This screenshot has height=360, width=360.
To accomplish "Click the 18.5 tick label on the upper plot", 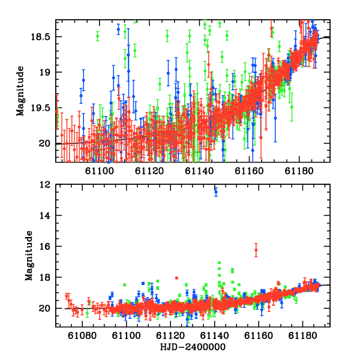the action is (40, 37).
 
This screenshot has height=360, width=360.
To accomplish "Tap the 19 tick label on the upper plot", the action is (44, 73).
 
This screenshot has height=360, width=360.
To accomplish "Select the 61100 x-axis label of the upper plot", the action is (100, 171).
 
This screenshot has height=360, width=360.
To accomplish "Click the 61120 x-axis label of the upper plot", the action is (149, 171).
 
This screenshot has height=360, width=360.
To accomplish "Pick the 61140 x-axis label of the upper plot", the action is (199, 171).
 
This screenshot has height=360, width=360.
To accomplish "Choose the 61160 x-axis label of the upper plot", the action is (249, 171).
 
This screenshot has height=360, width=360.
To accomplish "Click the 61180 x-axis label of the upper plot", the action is (299, 171).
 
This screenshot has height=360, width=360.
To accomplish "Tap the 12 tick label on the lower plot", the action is (44, 185).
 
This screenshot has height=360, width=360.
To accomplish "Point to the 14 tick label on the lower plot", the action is (44, 215).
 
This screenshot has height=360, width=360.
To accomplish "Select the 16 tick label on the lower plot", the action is (44, 247).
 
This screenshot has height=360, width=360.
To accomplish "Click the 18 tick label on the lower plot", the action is (44, 277).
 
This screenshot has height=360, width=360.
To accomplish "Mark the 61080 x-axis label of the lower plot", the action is (82, 335).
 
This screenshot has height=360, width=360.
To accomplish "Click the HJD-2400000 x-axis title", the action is (193, 347).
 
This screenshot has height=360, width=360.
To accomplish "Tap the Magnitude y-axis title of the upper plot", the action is (20, 91).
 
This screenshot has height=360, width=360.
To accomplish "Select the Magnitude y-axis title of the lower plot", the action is (29, 256).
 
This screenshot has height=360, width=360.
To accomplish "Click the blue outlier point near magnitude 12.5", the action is (216, 192).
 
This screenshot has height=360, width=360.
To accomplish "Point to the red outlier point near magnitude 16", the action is (256, 250).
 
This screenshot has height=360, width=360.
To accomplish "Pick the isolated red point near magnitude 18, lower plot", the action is (176, 278).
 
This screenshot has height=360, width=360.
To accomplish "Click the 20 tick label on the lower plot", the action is (44, 308).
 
